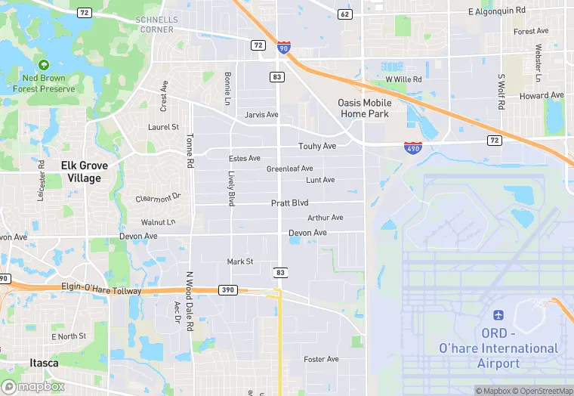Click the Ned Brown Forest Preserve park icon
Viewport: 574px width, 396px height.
pos(44,66)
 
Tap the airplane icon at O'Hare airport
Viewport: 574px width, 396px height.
pos(498,314)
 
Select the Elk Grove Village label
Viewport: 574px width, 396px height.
pos(84,172)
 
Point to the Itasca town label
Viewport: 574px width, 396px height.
pos(44,363)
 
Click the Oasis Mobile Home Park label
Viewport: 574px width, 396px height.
pos(363,108)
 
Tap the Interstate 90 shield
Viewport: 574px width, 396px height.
pos(282,47)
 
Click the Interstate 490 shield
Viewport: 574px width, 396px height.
pos(413,147)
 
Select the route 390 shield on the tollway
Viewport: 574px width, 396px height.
pos(228,289)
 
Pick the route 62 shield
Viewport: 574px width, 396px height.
pos(344,14)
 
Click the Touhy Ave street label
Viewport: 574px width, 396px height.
pos(317,146)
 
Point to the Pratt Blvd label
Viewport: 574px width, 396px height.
pos(290,203)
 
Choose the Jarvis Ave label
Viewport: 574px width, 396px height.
pos(262,115)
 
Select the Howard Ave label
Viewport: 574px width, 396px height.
pos(542,96)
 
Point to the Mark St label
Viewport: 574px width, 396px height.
pos(240,261)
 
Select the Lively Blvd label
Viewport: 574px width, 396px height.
pos(231,188)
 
